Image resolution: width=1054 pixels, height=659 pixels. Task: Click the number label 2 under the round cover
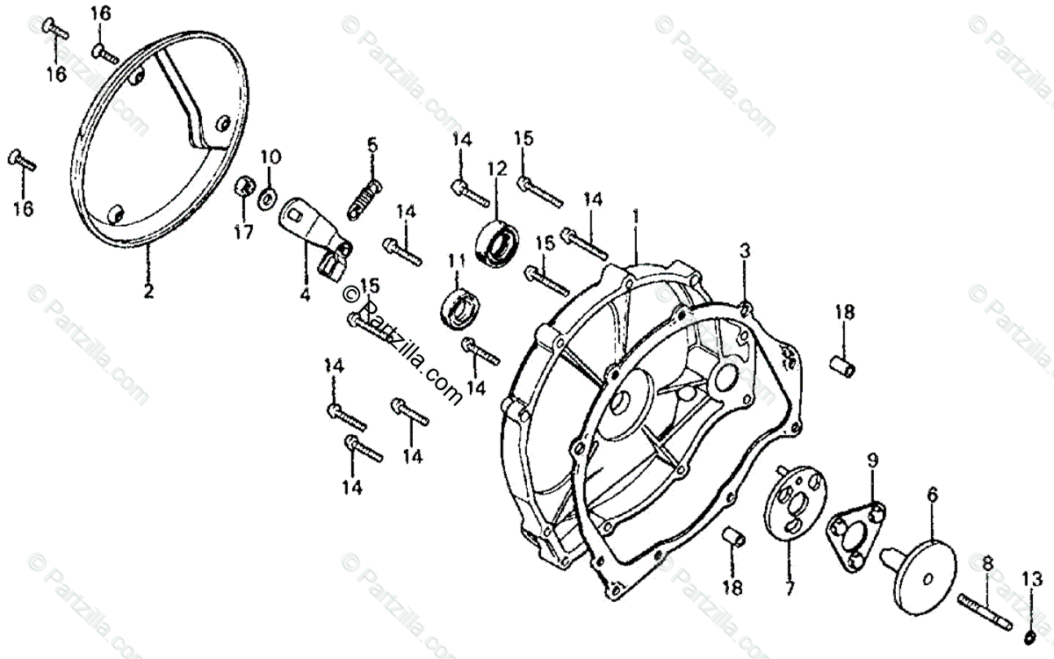[148, 291]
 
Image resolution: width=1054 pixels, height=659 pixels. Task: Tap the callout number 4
[304, 296]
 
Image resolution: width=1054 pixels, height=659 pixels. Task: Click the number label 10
[270, 158]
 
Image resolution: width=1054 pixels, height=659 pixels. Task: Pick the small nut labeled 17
[243, 189]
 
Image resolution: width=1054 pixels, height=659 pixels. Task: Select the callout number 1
[635, 215]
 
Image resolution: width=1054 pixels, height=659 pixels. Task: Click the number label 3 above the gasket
[744, 251]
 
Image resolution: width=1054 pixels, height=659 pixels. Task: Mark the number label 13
[1031, 579]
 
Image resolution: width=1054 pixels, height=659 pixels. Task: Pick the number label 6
[932, 494]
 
